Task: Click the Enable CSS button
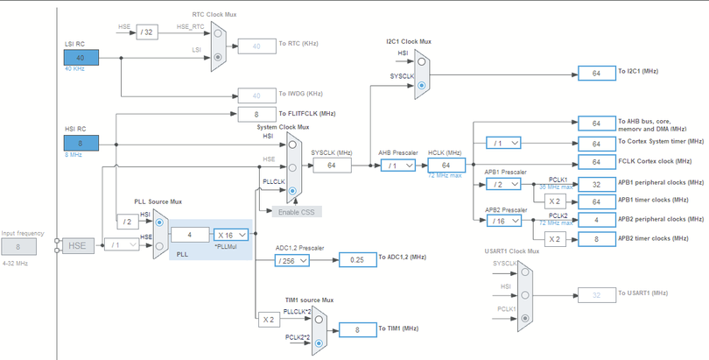(x=298, y=211)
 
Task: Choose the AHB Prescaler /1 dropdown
(x=398, y=165)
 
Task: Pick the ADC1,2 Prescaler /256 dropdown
(x=292, y=260)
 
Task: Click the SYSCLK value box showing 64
(x=332, y=165)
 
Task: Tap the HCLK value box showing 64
(x=446, y=165)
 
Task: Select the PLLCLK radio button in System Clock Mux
(x=292, y=189)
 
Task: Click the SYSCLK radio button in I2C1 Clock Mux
(x=422, y=86)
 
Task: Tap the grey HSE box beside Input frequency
(x=77, y=246)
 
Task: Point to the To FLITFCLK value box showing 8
(x=256, y=114)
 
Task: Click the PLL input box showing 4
(x=189, y=234)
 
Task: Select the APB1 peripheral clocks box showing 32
(x=596, y=184)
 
